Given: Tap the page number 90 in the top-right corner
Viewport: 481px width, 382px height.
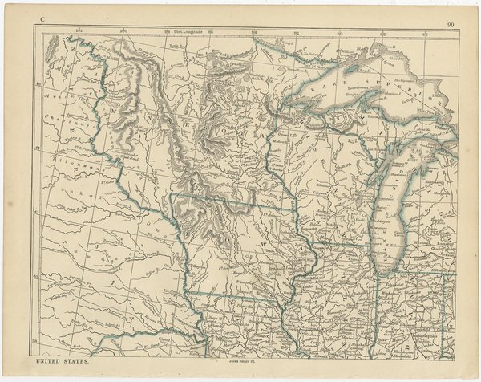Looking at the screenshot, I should click(452, 25).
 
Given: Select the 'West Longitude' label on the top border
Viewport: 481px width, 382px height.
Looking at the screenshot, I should click(188, 31).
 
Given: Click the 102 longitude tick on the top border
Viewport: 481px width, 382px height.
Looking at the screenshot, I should click(79, 31).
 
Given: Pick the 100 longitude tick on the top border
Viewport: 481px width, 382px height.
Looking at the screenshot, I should click(123, 31).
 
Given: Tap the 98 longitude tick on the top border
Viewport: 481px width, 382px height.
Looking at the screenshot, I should click(166, 31).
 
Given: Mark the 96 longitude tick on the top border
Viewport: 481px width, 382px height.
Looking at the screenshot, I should click(209, 31).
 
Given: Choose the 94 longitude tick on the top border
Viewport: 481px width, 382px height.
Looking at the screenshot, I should click(253, 31).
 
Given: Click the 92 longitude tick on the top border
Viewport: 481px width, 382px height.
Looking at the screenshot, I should click(297, 31).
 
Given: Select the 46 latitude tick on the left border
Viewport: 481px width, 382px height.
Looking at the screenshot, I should click(38, 81).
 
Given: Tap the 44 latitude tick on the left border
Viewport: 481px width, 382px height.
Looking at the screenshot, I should click(38, 144).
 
